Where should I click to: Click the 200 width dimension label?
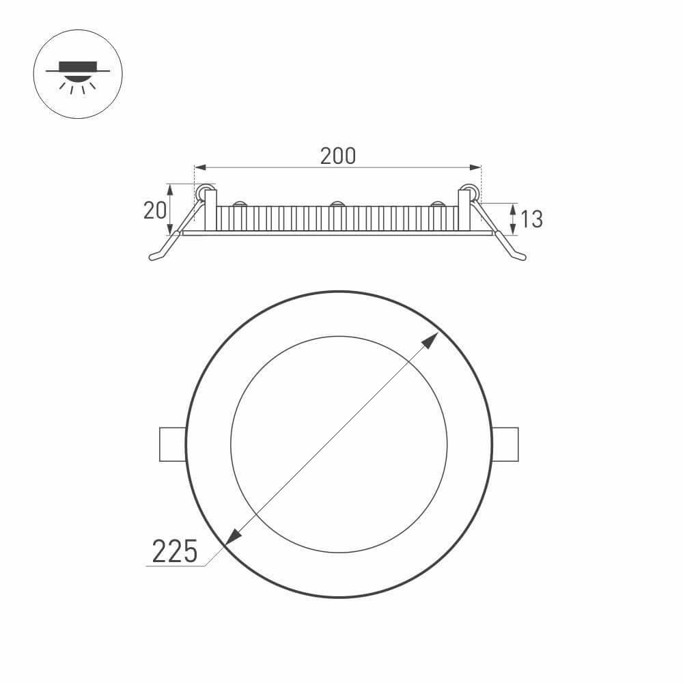[x=338, y=156]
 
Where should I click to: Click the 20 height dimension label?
[x=154, y=210]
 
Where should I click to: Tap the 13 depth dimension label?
[x=531, y=219]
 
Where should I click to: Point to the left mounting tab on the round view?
[x=172, y=444]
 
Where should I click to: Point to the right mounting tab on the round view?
[x=505, y=444]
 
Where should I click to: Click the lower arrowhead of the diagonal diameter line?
[x=232, y=538]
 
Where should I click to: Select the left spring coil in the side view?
[x=202, y=193]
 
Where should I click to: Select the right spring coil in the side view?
[x=469, y=193]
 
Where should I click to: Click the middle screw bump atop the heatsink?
[x=337, y=204]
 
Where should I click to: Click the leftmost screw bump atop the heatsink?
[x=239, y=204]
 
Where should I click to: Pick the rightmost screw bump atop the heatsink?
[x=436, y=204]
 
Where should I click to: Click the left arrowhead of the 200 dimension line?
[x=199, y=167]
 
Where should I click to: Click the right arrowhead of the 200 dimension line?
[x=476, y=167]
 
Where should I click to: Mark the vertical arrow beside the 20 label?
[x=171, y=209]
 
